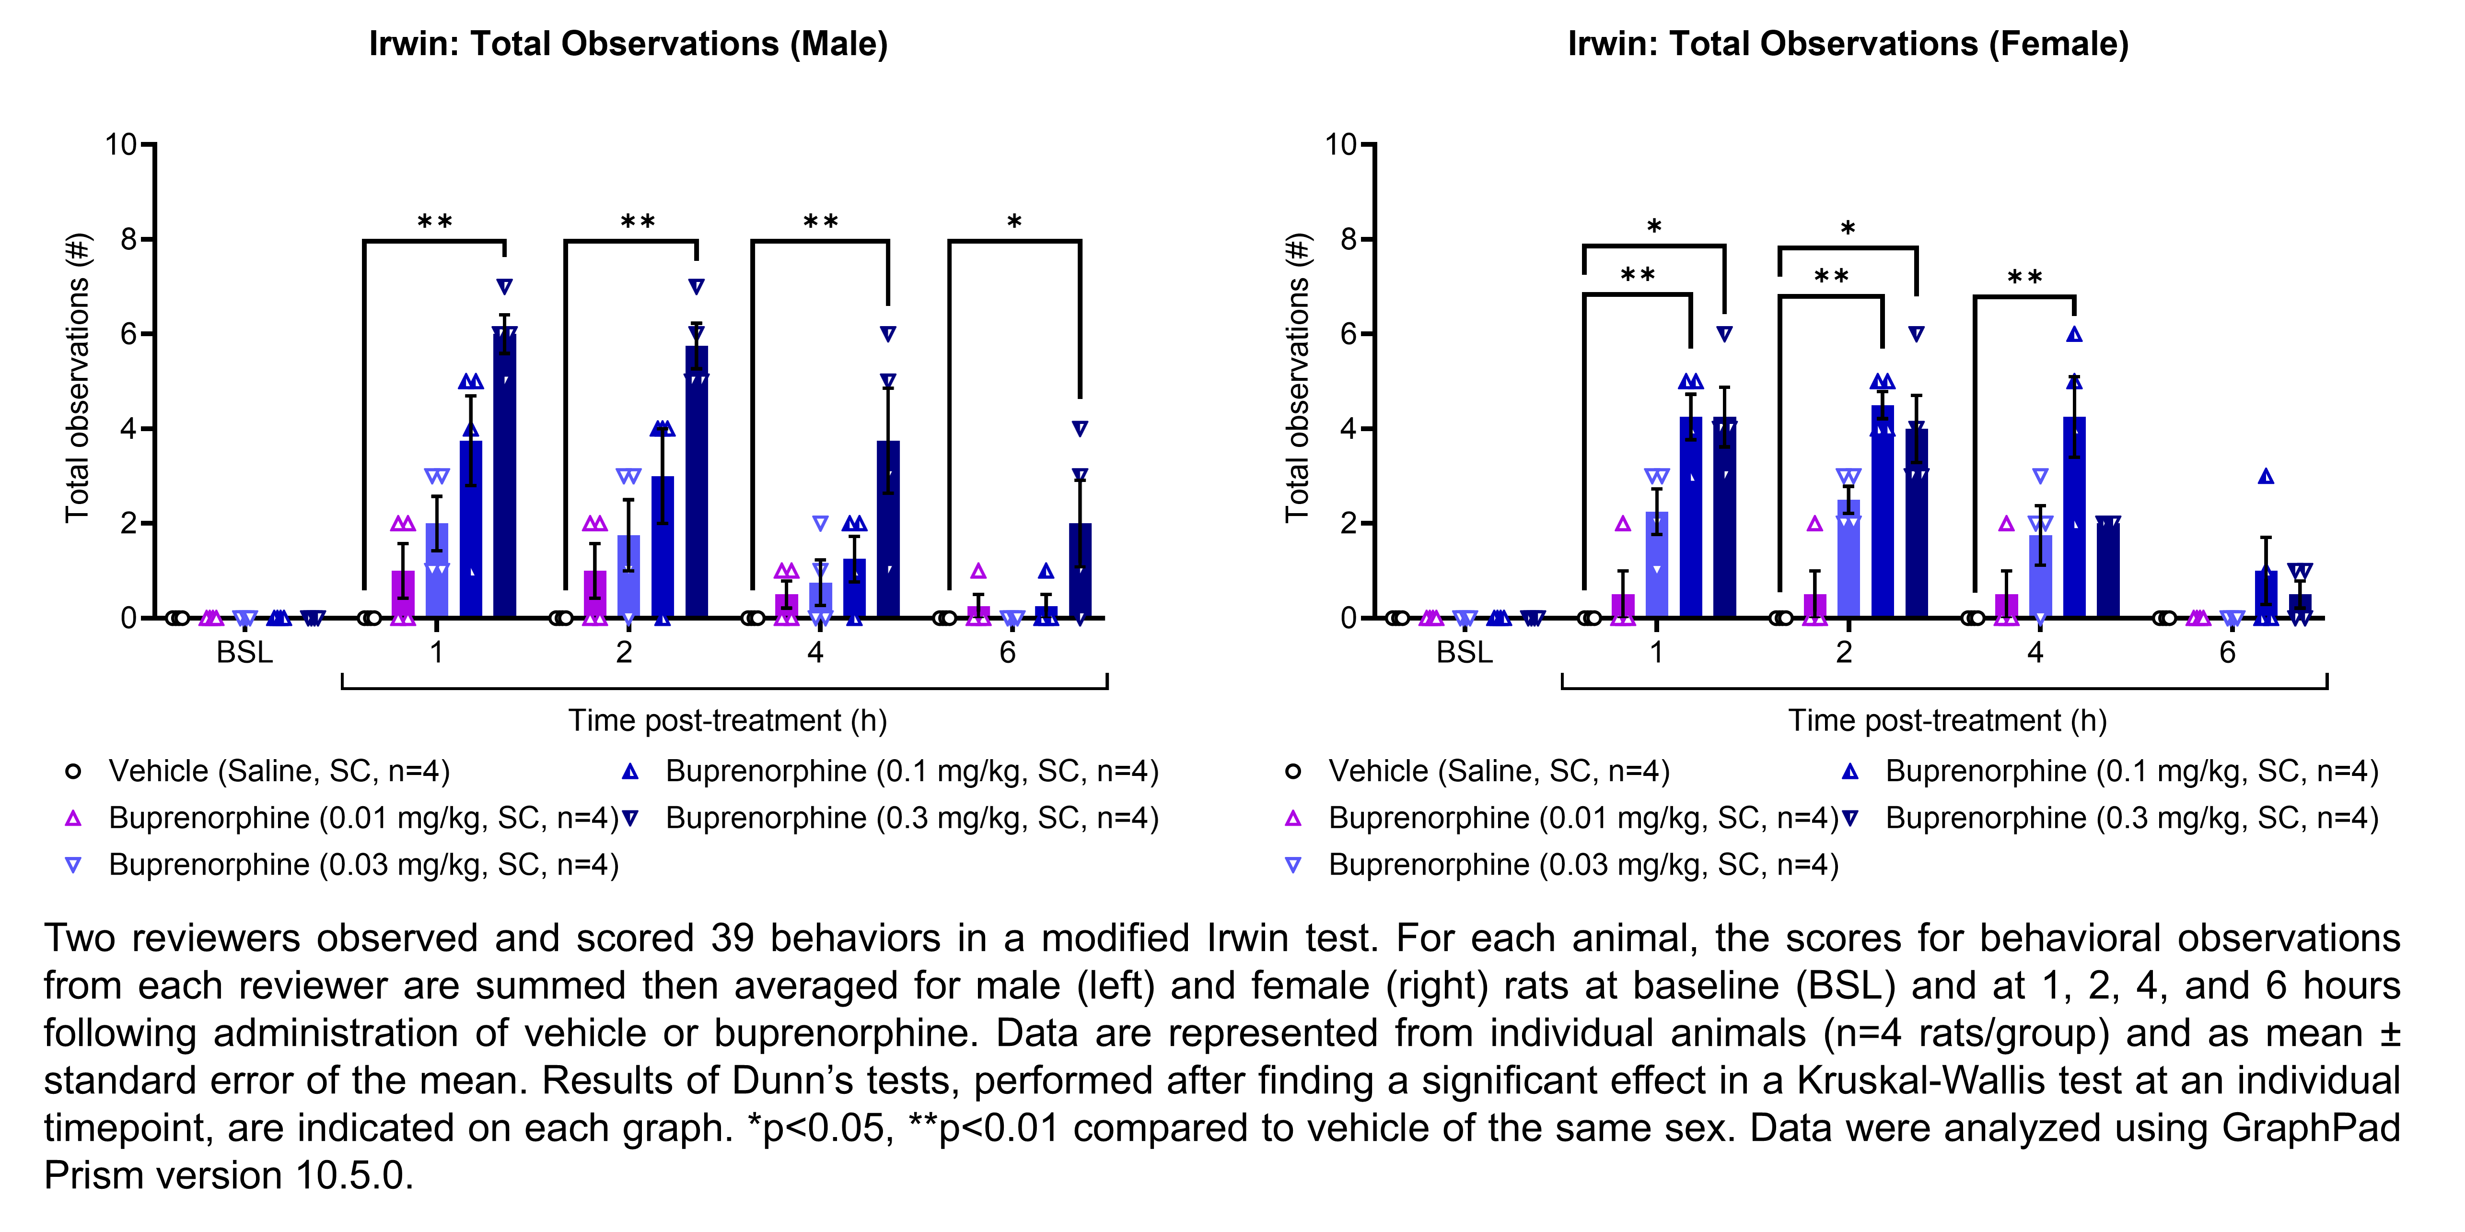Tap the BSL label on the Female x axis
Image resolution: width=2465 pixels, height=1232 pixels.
[1464, 653]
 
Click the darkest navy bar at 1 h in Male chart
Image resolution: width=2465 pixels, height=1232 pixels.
[504, 479]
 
